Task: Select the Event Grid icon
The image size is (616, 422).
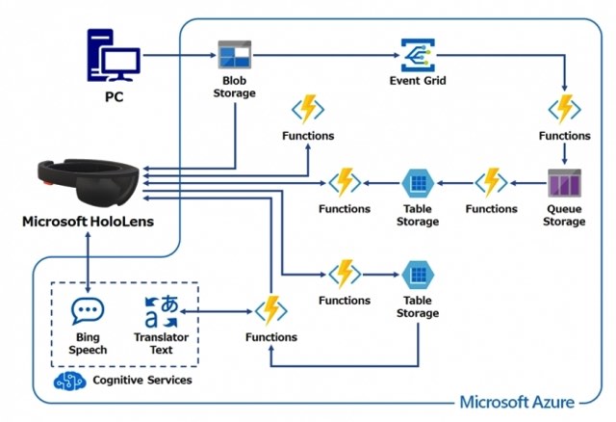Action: pos(417,55)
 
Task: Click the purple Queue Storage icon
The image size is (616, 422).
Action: pos(563,184)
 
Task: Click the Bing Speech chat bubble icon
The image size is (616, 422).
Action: pos(88,311)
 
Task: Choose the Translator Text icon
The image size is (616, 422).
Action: pos(161,311)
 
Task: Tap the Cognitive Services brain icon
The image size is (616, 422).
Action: pos(69,380)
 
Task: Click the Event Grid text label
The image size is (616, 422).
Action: pos(417,81)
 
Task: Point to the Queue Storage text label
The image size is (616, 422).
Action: pos(563,215)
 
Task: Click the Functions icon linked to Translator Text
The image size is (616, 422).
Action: pos(270,310)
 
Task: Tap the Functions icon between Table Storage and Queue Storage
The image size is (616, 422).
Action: pos(491,182)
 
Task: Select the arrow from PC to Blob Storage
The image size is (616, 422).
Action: pos(177,57)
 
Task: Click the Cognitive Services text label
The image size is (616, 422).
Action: pos(141,381)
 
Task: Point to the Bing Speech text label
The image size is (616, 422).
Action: pos(88,344)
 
